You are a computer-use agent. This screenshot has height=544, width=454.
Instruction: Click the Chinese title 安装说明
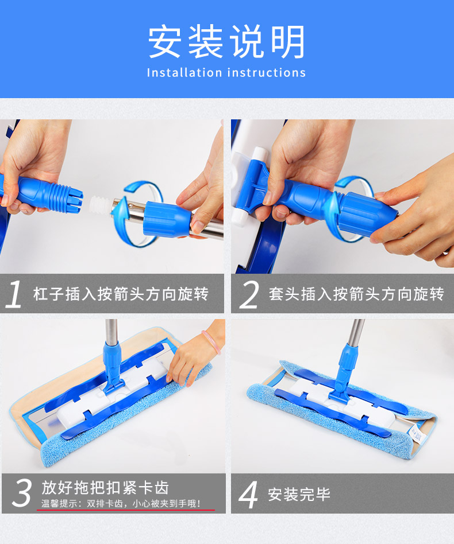[x=226, y=41]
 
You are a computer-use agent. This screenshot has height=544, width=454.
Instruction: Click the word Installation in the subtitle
[x=184, y=72]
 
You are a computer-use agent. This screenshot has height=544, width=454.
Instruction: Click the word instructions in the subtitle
[x=267, y=72]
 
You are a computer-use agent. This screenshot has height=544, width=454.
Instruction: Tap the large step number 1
[x=14, y=294]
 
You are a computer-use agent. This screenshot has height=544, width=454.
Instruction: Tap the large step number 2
[x=249, y=294]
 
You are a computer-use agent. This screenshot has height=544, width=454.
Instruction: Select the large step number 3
[x=21, y=493]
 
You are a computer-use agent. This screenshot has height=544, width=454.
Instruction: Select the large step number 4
[x=249, y=495]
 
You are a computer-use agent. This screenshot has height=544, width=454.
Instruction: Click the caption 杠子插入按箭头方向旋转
[x=121, y=294]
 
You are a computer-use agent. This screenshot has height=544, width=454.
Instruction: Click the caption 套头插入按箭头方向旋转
[x=356, y=294]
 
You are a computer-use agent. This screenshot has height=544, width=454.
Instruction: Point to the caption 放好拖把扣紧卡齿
[x=105, y=487]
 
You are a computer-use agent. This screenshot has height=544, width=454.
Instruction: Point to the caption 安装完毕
[x=299, y=495]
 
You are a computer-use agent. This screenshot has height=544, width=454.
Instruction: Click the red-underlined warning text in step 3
[x=121, y=503]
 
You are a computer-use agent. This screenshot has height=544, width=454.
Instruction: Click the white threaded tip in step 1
[x=101, y=205]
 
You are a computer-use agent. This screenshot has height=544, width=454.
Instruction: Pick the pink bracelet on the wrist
[x=211, y=342]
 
